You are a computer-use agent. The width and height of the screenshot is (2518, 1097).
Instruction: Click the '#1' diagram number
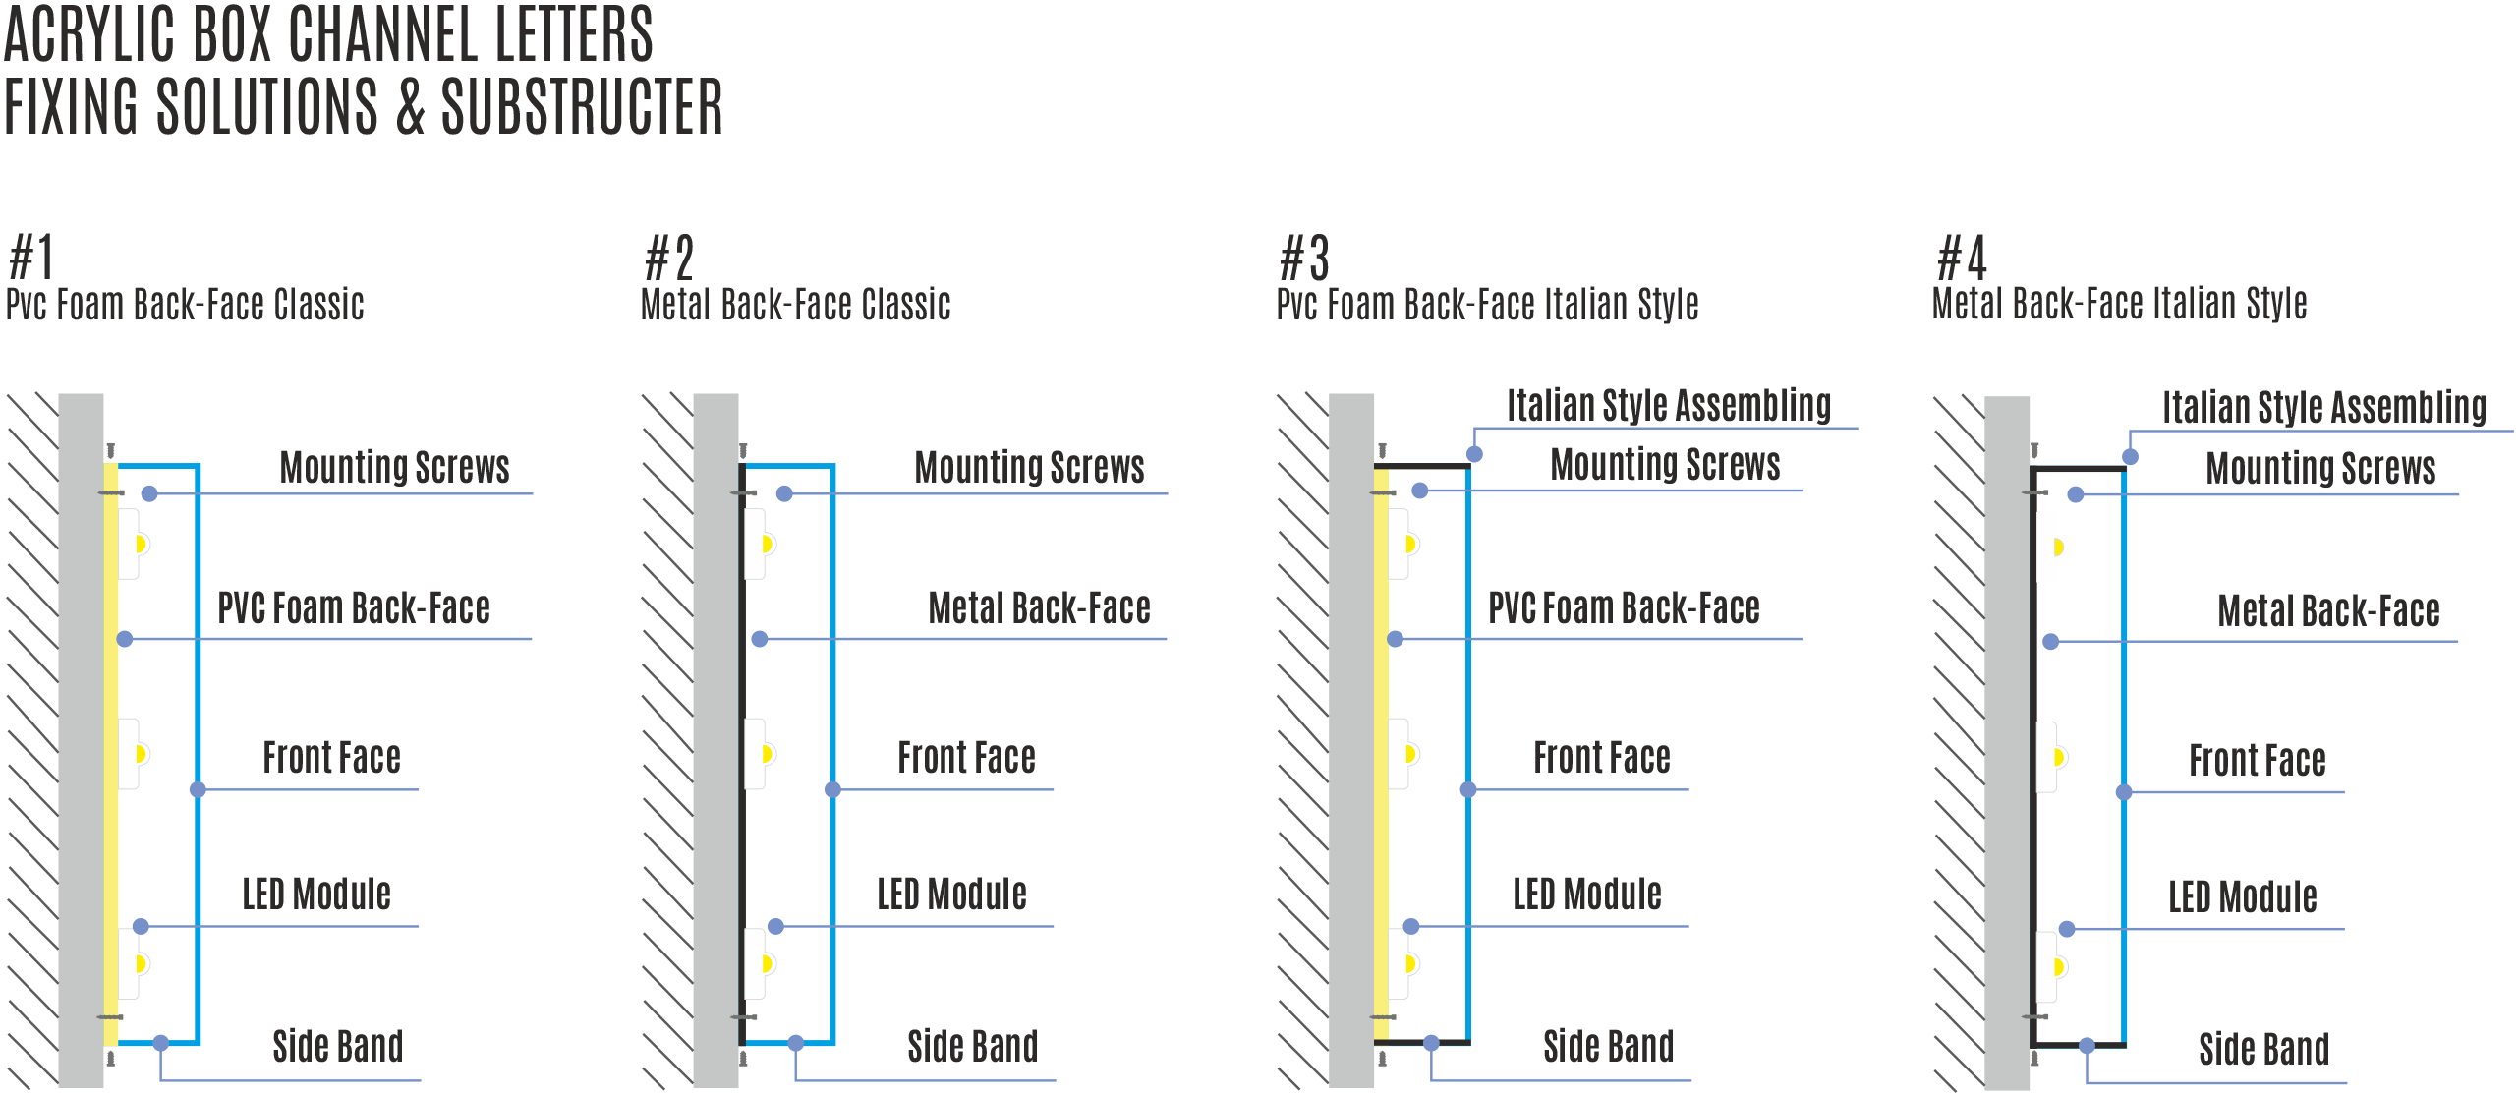[x=30, y=259]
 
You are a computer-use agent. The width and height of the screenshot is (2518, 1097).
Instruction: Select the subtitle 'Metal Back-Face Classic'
[x=795, y=305]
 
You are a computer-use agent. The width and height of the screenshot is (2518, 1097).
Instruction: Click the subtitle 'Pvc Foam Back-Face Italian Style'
[x=1487, y=305]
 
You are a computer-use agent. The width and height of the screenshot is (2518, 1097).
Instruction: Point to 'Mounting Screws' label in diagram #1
[x=394, y=467]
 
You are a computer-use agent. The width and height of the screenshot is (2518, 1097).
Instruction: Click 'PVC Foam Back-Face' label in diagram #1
[x=353, y=608]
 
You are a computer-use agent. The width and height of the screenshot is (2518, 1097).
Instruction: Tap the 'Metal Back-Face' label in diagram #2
[x=1039, y=608]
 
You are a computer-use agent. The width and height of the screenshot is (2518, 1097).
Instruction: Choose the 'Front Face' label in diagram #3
[x=1601, y=758]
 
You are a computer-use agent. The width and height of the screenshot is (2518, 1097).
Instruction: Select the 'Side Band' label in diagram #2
[x=972, y=1047]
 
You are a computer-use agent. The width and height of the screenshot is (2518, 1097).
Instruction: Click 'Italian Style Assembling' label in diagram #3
[x=1668, y=405]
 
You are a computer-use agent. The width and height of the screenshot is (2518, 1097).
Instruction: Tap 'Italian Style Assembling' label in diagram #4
[x=2323, y=407]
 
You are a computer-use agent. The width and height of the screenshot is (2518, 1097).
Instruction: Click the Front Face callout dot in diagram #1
[x=198, y=789]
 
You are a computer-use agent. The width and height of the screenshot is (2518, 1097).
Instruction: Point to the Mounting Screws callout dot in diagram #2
[x=784, y=493]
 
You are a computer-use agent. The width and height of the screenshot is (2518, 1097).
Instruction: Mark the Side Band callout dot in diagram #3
[x=1431, y=1043]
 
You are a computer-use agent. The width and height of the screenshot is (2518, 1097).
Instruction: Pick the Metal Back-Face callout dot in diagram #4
[x=2050, y=642]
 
